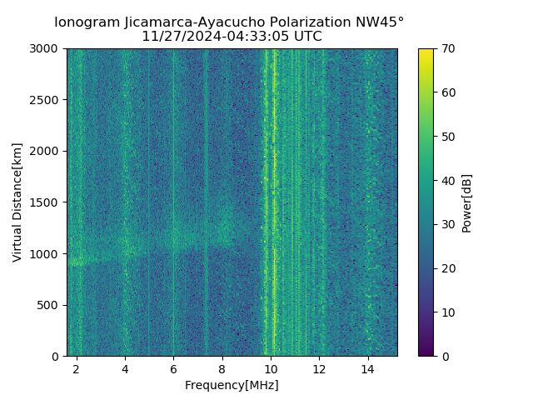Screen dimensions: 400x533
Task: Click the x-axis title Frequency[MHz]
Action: click(232, 385)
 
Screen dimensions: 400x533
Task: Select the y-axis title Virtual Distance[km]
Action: click(17, 202)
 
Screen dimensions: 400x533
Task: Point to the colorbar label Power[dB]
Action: click(467, 202)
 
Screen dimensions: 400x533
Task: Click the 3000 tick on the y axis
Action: click(47, 48)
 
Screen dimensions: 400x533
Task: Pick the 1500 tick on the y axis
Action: click(47, 202)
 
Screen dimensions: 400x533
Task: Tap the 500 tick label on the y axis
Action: click(50, 305)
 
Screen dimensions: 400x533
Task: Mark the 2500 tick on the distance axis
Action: click(47, 100)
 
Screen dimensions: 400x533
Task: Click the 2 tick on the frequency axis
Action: click(77, 368)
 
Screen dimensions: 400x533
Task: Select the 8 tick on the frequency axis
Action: click(222, 368)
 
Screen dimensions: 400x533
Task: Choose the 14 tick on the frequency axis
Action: click(367, 368)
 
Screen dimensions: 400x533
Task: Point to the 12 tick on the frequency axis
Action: click(319, 368)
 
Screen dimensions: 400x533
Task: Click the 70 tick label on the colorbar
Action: click(448, 48)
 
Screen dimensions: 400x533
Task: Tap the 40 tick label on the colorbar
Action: click(448, 180)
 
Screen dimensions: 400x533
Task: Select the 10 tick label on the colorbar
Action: click(448, 312)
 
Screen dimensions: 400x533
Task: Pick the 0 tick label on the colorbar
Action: click(445, 356)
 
